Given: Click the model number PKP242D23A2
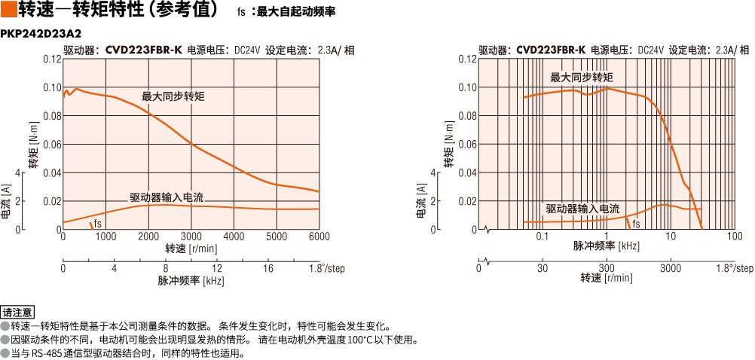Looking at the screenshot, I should point(41,34).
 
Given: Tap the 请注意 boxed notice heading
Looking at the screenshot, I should point(18,312).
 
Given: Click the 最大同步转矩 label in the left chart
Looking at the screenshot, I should point(173,96).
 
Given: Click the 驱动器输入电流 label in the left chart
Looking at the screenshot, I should point(167,197).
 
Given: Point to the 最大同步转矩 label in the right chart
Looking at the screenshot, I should point(582,78).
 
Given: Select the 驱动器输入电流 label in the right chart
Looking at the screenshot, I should point(582,209).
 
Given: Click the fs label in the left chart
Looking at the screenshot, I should point(98,224).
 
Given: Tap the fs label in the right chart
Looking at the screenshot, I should point(636,224).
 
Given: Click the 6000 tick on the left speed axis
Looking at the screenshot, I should point(319,236).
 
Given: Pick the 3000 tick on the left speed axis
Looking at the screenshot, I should point(191,236).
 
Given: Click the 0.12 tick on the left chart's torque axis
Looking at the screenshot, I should point(52,59).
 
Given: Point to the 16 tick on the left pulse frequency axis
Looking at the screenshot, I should point(267,269).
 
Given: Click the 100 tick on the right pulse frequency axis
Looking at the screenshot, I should point(735,236).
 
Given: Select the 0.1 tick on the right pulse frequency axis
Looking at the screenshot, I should point(542,236).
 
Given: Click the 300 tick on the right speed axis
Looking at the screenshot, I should point(607,269).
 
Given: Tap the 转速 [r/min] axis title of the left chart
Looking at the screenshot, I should point(191,249).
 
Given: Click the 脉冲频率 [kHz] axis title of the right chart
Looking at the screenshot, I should point(607,246).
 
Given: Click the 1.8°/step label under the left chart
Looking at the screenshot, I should point(326,269).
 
